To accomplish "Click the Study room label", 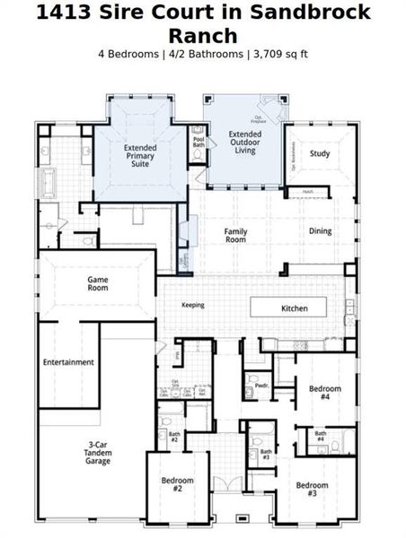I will [320, 153].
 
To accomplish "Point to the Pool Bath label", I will [198, 143].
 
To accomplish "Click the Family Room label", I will [235, 235].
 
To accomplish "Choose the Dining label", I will [320, 231].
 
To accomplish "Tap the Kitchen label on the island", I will [295, 308].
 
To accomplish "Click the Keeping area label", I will [193, 305].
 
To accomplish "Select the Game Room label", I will [98, 284].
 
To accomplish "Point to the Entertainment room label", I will [68, 362].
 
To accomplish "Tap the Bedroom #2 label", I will [178, 485].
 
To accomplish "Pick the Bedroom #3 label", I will [313, 490].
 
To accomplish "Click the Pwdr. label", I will [262, 386].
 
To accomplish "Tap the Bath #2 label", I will [174, 437].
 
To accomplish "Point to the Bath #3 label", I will [266, 454].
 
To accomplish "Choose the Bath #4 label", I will [320, 436].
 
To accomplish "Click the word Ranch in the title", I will [203, 36].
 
